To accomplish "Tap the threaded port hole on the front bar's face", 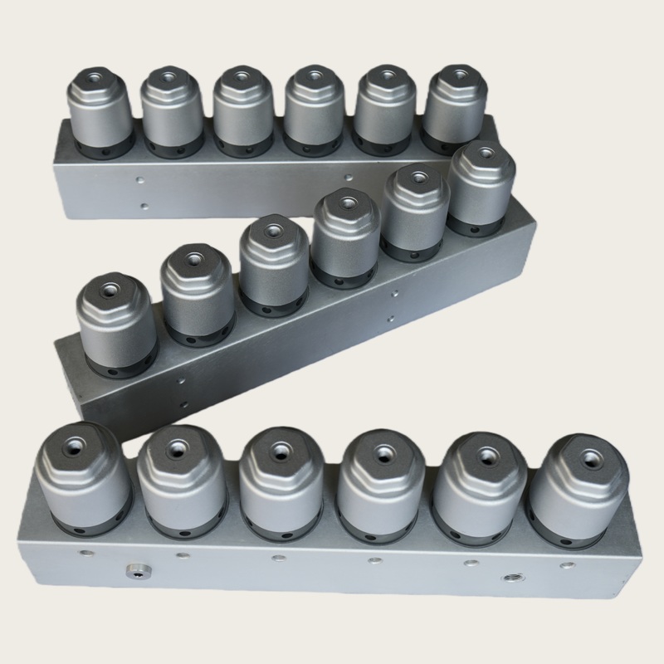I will click(510, 575).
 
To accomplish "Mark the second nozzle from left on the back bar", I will click(171, 112).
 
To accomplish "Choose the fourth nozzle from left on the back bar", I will click(314, 112).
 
